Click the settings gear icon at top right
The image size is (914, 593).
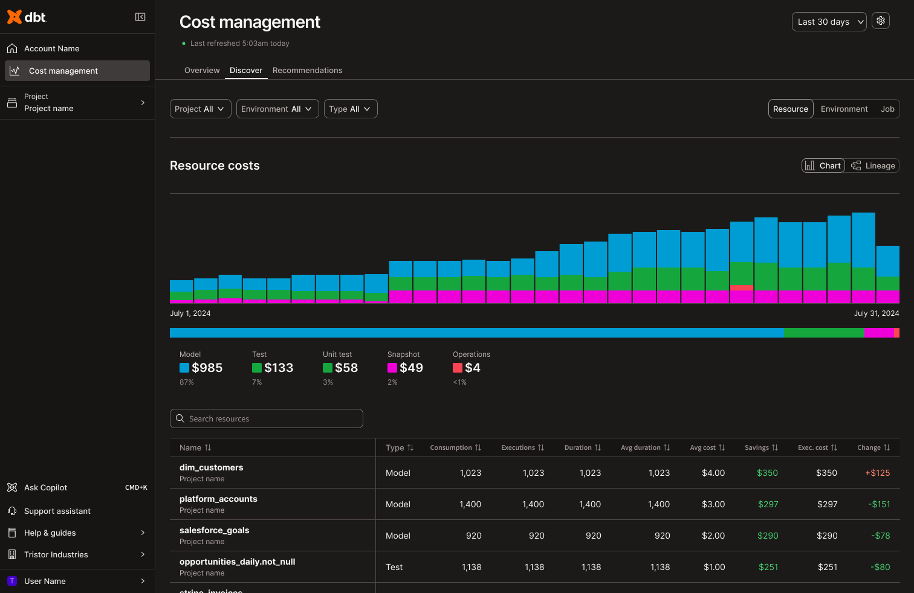point(881,21)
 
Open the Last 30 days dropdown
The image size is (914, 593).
point(829,22)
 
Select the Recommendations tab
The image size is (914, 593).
point(307,71)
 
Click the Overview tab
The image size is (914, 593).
point(202,71)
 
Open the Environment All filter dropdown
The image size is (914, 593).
point(277,109)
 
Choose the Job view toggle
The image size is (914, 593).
point(887,109)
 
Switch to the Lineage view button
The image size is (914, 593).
point(873,165)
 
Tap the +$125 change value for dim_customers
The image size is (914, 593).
point(877,473)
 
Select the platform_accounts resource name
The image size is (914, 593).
point(218,499)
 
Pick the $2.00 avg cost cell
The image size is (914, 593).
point(713,536)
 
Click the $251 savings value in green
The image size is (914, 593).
point(768,567)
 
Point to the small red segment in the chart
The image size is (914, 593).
point(741,287)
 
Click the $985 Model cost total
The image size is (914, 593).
point(207,368)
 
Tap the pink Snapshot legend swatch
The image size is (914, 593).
point(392,368)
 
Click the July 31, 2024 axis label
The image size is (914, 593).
point(876,313)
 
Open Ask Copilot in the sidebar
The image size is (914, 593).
point(46,487)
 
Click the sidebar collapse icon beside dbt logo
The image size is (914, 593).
point(140,17)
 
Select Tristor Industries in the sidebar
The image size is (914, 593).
point(56,554)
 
